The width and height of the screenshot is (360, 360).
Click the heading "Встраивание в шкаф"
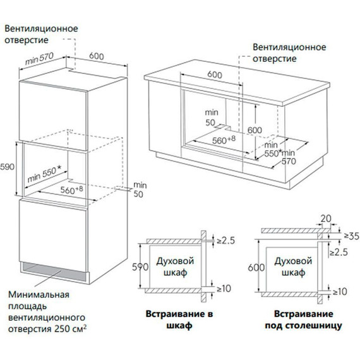(x=179, y=320)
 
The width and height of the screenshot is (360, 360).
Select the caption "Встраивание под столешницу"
(x=304, y=320)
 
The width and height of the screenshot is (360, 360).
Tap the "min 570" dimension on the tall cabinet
(x=39, y=59)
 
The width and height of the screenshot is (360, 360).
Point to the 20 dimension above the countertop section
(x=326, y=219)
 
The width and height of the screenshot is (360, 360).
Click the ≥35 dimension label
(x=352, y=236)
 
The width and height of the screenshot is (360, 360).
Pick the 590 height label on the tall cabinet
(x=7, y=167)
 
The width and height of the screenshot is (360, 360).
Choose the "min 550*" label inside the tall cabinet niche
(x=44, y=174)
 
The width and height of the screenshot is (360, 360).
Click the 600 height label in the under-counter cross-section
(x=256, y=268)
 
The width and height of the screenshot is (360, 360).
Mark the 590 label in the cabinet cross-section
(x=140, y=267)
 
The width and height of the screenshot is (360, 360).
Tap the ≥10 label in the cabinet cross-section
(x=224, y=289)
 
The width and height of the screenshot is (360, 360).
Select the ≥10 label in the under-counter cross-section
(x=340, y=292)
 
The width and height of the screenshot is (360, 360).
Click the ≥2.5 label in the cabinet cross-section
(x=226, y=241)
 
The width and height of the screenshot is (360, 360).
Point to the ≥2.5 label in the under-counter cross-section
(x=339, y=252)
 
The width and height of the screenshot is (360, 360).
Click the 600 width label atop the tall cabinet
(x=97, y=56)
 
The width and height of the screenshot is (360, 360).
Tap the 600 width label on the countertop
(x=215, y=75)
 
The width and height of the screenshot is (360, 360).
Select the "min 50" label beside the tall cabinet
(x=140, y=189)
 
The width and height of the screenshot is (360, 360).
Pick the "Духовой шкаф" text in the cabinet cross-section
(x=175, y=267)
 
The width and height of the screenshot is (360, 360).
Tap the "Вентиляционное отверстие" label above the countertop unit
(x=289, y=53)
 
